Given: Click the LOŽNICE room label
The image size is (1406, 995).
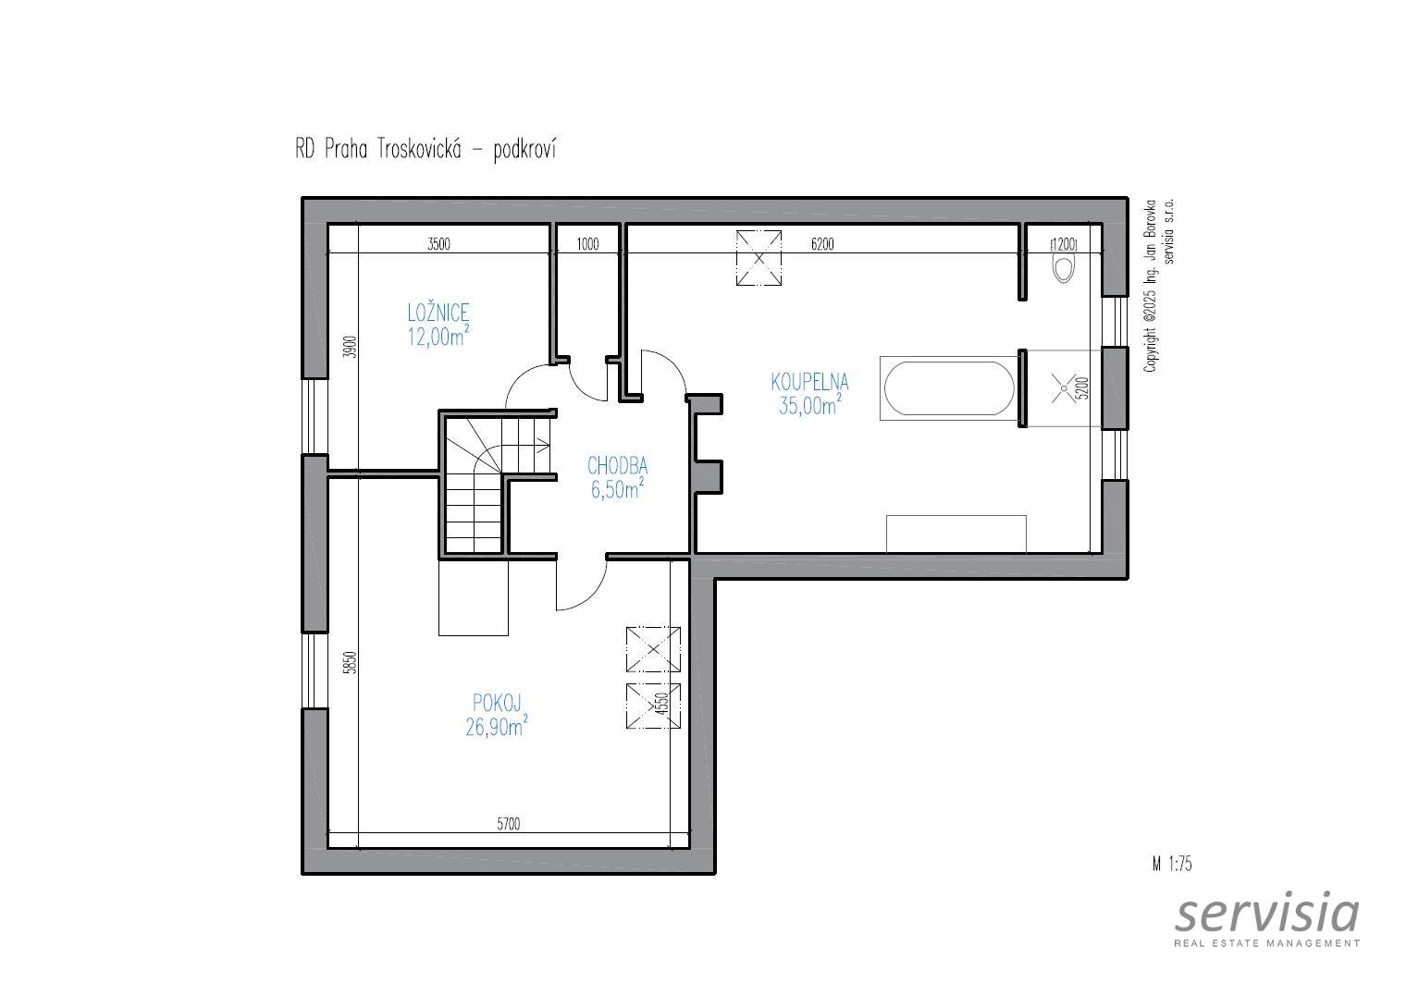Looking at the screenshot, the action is click(438, 313).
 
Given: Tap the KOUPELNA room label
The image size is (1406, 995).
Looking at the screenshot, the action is click(809, 381).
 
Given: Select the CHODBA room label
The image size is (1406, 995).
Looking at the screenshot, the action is click(617, 465).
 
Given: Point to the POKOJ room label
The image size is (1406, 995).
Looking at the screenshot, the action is click(497, 703).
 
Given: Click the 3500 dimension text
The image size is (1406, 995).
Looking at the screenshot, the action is click(438, 244).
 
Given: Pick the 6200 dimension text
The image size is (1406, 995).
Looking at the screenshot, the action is click(822, 244).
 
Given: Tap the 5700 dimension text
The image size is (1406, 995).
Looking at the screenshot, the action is click(509, 824).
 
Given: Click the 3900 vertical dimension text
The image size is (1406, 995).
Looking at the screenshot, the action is click(351, 347).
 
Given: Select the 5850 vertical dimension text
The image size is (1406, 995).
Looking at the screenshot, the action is click(351, 662).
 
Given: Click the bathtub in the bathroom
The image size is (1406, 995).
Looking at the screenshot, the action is click(948, 387).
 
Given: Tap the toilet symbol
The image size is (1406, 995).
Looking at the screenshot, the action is click(1064, 268).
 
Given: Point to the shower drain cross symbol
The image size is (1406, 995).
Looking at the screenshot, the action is click(1064, 388).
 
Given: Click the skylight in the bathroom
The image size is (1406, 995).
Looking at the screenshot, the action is click(758, 258).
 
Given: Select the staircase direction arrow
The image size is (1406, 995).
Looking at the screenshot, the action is click(541, 446).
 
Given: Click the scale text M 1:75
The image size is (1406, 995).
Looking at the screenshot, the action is click(1171, 864).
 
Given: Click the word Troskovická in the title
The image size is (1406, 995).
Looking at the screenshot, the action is click(419, 150).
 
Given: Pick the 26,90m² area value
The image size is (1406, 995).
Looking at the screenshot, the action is click(496, 727).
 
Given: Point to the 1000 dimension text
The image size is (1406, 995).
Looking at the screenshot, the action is click(587, 244).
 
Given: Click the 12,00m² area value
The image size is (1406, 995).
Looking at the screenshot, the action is click(438, 337).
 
